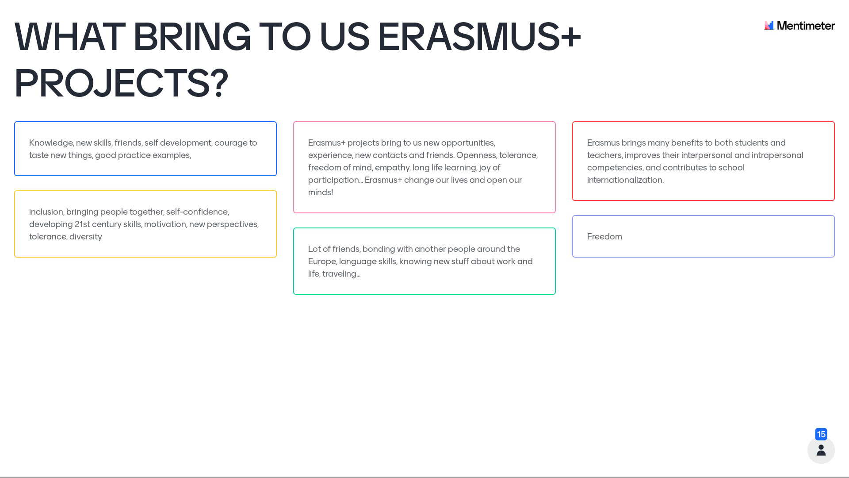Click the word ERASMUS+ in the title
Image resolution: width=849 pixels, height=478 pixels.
click(x=479, y=37)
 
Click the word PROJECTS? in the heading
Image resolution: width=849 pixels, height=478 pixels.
click(x=121, y=83)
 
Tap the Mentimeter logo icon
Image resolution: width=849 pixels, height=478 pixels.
click(x=769, y=26)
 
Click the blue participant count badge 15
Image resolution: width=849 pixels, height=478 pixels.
click(x=821, y=434)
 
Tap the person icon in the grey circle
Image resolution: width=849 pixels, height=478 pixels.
click(x=821, y=450)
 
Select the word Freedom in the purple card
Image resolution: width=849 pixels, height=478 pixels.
click(x=604, y=237)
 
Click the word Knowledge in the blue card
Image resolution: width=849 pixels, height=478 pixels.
click(x=51, y=143)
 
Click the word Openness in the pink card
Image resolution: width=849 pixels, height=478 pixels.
click(x=476, y=155)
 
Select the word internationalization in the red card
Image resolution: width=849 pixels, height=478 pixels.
click(x=625, y=180)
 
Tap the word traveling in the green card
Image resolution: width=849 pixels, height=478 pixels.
click(x=341, y=274)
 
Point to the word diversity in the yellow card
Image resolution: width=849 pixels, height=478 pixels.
click(x=86, y=237)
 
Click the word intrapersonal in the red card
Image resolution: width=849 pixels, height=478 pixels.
click(x=777, y=155)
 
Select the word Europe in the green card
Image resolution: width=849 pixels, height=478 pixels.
click(x=322, y=262)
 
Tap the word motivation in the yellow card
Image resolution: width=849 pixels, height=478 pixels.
click(x=165, y=224)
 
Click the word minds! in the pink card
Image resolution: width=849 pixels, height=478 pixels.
click(x=321, y=193)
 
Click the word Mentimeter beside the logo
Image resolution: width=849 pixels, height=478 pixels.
click(x=806, y=26)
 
